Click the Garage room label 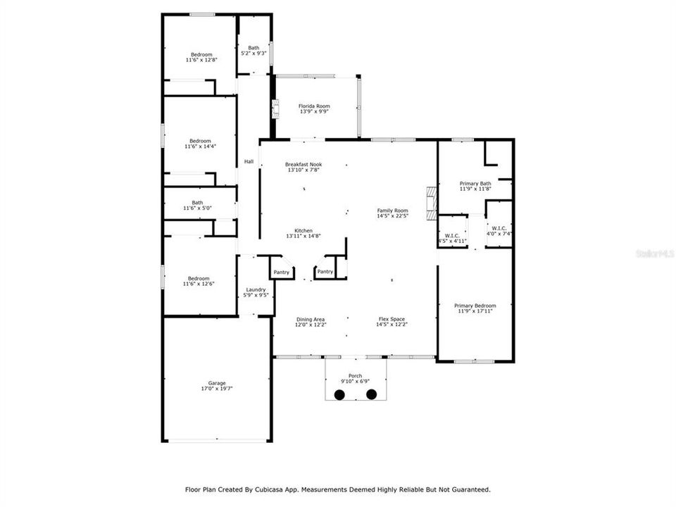point(216,383)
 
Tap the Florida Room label point(313,106)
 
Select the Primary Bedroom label point(475,306)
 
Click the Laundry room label point(255,289)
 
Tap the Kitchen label point(303,230)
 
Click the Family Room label point(392,211)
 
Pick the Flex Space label point(392,320)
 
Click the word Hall point(249,162)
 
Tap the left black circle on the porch point(339,394)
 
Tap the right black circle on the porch point(371,394)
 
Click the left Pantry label point(282,272)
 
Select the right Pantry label point(325,272)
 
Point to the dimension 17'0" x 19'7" point(216,388)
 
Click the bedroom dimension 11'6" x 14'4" point(201,146)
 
